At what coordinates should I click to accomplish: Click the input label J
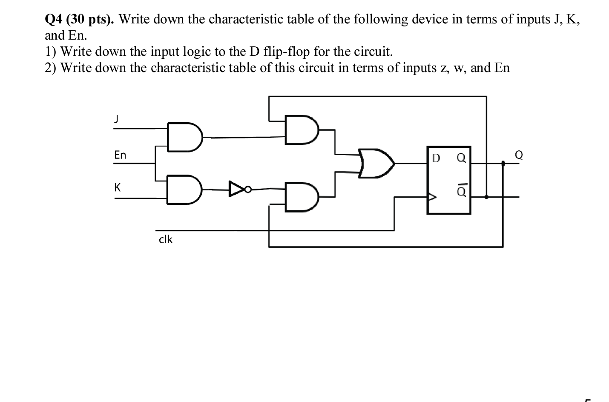point(115,120)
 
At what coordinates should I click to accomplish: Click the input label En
point(120,155)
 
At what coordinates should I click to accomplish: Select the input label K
point(118,187)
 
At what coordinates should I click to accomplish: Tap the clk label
point(166,239)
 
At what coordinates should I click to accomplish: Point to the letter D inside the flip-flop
point(436,158)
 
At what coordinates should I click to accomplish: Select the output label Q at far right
point(518,155)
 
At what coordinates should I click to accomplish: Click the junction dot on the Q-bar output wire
point(486,197)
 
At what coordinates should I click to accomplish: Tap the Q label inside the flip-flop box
point(461,158)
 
